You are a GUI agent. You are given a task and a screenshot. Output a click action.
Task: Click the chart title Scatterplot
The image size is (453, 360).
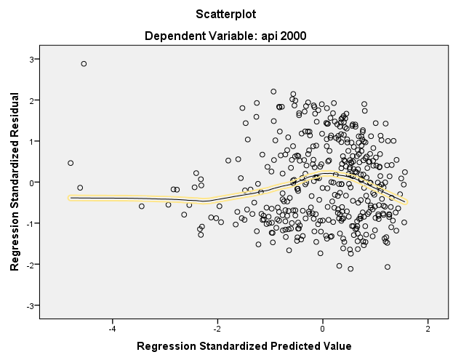pos(226,14)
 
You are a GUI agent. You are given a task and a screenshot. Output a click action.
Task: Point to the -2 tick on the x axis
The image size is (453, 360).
pos(217,328)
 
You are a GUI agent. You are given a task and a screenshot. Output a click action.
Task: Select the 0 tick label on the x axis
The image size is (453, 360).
pos(323,328)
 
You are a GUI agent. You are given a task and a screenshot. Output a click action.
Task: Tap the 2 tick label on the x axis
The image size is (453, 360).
pos(428,328)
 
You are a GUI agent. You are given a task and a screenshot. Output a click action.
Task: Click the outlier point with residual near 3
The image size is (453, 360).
pos(84,64)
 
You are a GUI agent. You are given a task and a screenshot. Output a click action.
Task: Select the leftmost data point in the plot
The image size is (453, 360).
pos(71,163)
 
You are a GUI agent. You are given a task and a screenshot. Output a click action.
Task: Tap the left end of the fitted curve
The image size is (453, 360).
pos(71,197)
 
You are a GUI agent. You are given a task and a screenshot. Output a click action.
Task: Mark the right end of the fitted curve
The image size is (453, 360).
pos(406,201)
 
